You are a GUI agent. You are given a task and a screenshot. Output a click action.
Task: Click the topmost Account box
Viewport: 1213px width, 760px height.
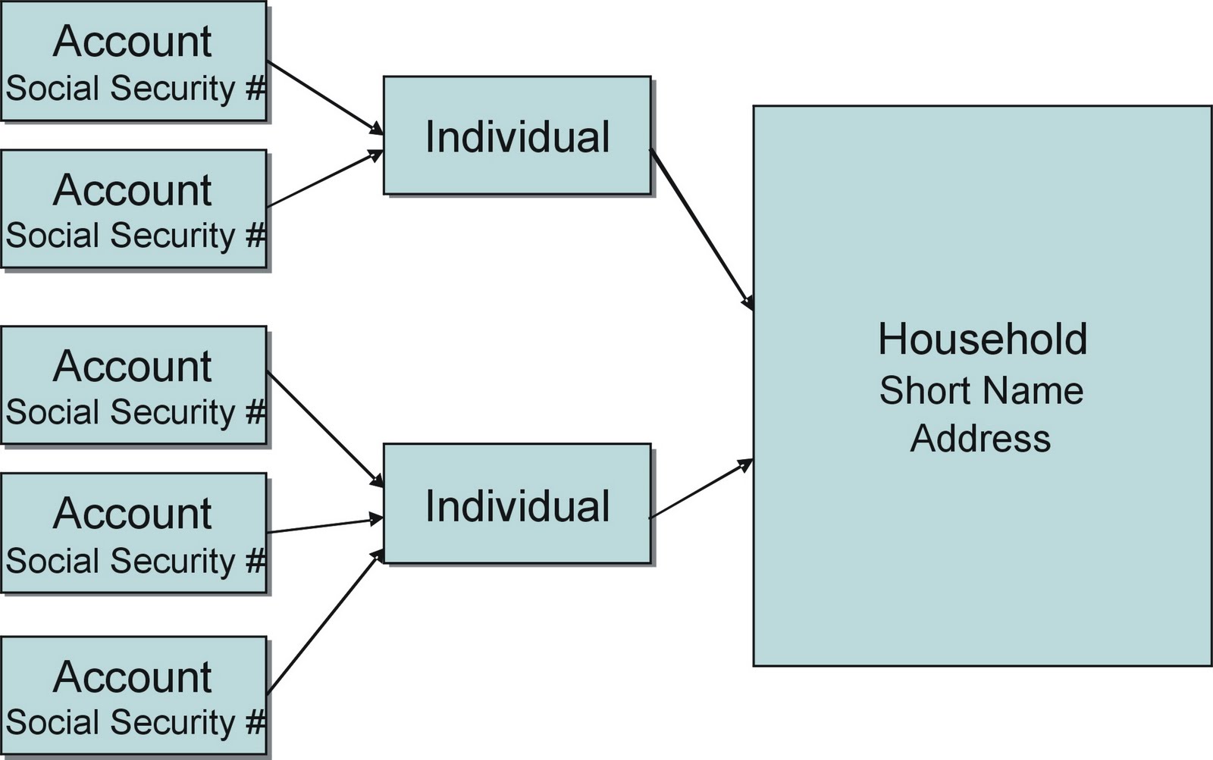pos(133,61)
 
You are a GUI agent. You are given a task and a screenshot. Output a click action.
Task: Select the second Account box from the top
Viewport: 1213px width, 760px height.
pos(133,208)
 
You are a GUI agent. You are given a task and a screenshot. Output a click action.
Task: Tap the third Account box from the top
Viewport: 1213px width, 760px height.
pos(133,385)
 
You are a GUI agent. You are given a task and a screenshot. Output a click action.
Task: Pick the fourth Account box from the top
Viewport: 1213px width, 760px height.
pos(133,533)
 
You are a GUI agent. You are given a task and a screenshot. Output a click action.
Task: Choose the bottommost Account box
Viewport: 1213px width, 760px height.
pos(133,696)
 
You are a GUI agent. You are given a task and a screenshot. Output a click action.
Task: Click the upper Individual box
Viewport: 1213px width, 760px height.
pos(517,135)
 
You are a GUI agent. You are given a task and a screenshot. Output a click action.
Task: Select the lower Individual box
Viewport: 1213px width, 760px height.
pos(517,504)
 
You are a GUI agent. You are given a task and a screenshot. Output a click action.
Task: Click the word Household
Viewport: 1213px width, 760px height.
pos(983,339)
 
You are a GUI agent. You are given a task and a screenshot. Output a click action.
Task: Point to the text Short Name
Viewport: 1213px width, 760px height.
pos(981,390)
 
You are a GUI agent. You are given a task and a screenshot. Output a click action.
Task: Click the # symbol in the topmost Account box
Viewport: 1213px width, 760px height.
pos(255,89)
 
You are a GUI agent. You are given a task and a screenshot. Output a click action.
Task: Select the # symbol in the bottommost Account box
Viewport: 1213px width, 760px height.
pos(255,722)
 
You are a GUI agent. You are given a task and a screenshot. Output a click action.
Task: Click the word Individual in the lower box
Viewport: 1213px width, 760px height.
pos(517,505)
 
